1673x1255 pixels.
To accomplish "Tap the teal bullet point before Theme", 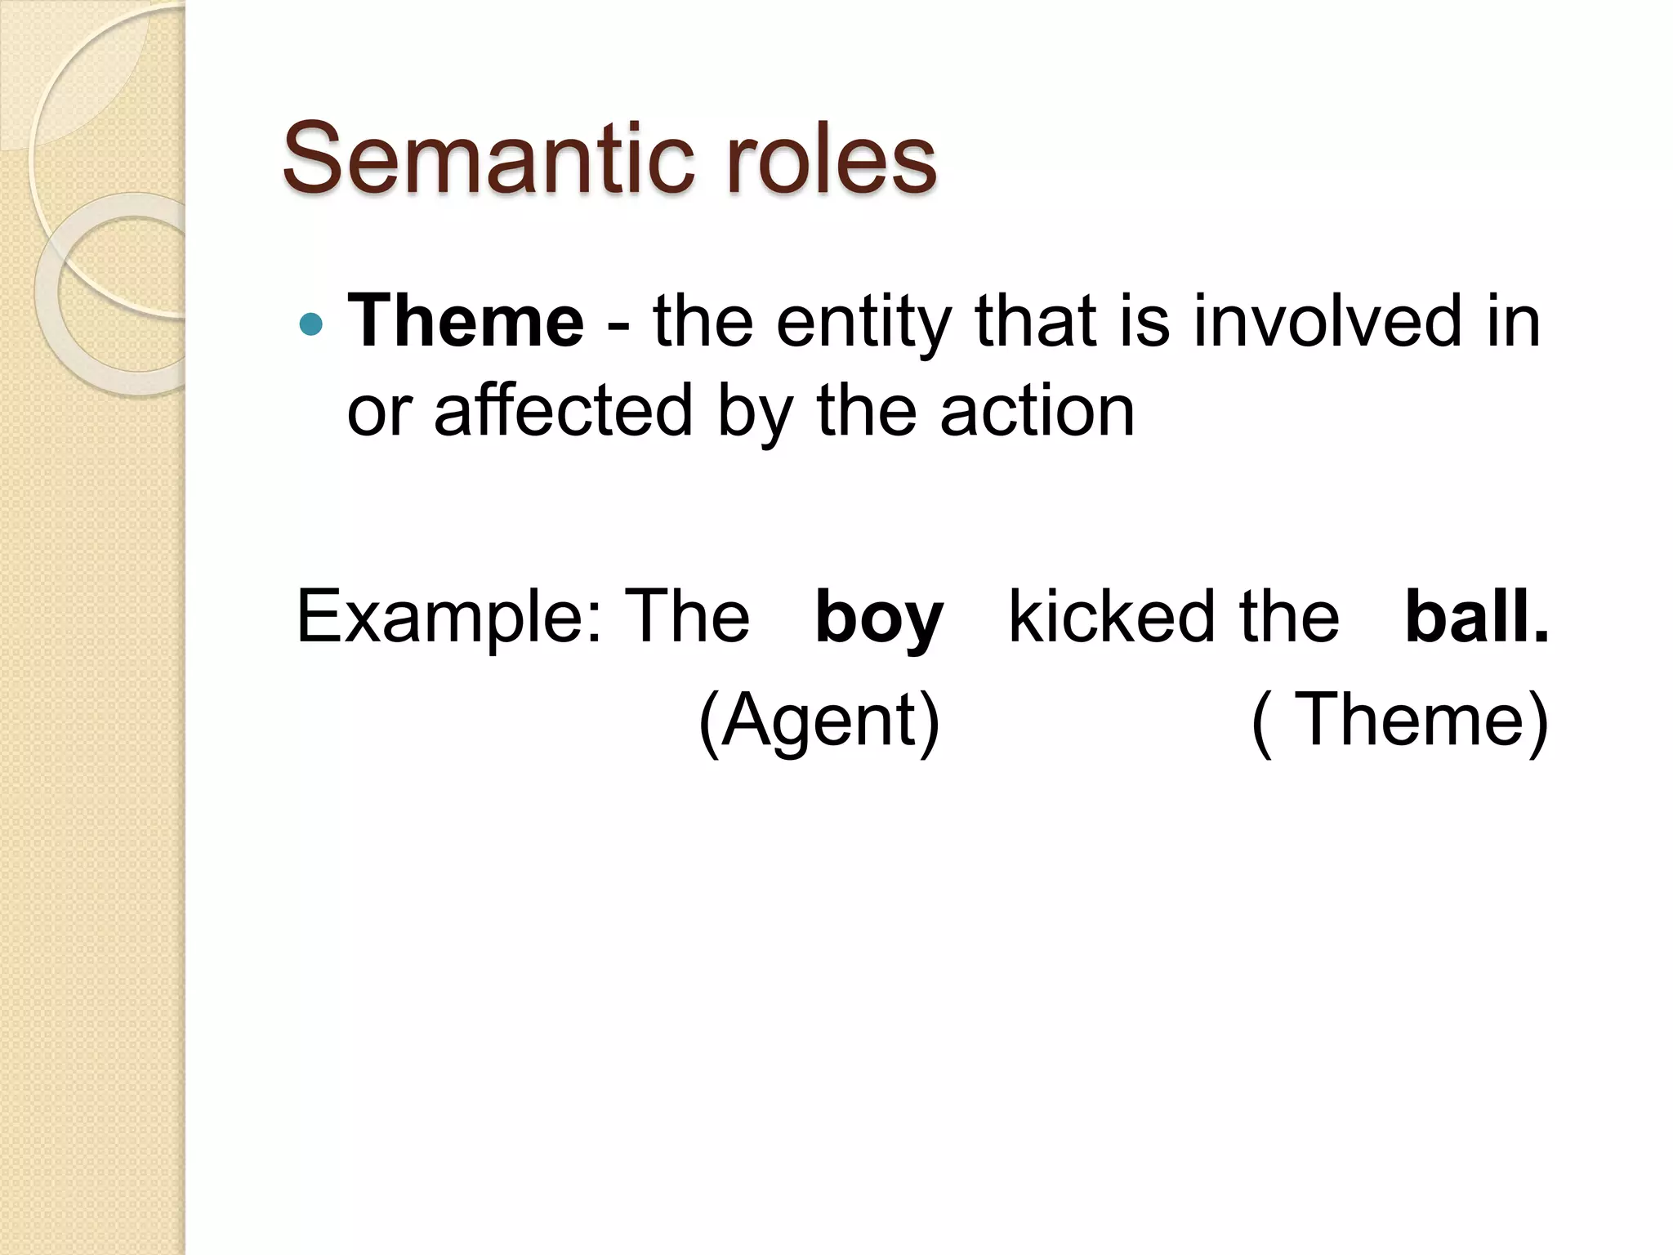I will [311, 325].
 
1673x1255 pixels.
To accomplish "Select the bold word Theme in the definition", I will [466, 320].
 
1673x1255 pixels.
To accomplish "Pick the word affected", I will [564, 410].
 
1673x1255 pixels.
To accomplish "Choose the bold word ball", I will [1475, 616].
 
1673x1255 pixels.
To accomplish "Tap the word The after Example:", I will [686, 616].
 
